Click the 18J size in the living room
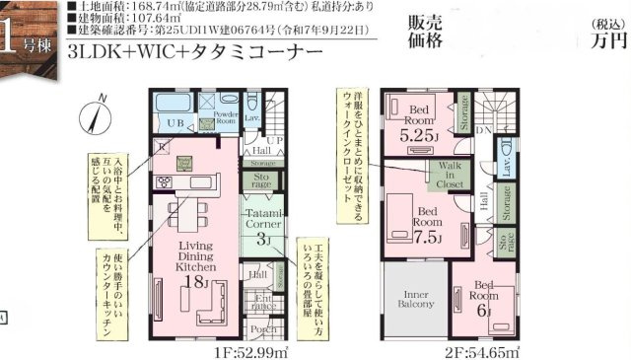pos(195,283)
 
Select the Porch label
pos(263,329)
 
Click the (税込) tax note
pos(601,23)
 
